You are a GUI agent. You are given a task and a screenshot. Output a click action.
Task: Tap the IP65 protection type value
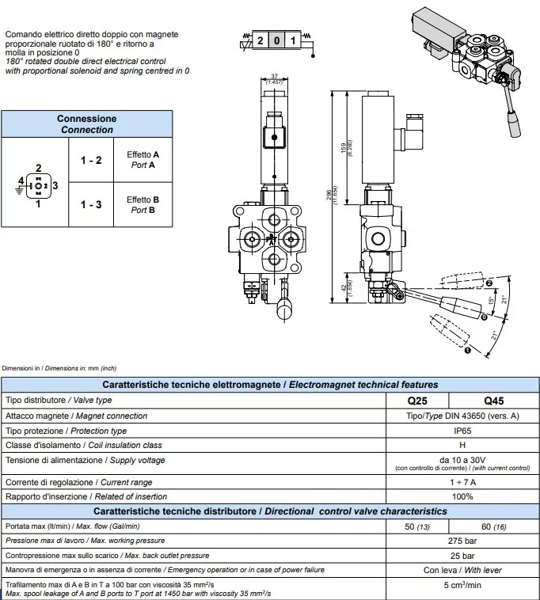(463, 431)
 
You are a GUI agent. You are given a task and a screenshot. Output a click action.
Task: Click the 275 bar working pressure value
(463, 540)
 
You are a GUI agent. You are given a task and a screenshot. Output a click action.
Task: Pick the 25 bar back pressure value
(463, 555)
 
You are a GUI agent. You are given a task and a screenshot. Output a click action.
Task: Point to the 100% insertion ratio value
(463, 496)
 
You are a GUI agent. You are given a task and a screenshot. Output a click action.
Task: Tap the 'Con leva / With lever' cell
(463, 570)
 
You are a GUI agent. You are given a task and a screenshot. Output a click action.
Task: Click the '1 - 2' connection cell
(91, 160)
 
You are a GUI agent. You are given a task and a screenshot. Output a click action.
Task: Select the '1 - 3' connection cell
(91, 204)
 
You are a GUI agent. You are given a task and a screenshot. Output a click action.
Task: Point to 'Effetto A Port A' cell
(143, 160)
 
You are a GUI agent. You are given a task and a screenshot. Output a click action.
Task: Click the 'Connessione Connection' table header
(86, 123)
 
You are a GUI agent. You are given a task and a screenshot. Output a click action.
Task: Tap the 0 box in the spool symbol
(276, 40)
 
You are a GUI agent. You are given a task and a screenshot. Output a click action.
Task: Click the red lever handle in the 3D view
(512, 123)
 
